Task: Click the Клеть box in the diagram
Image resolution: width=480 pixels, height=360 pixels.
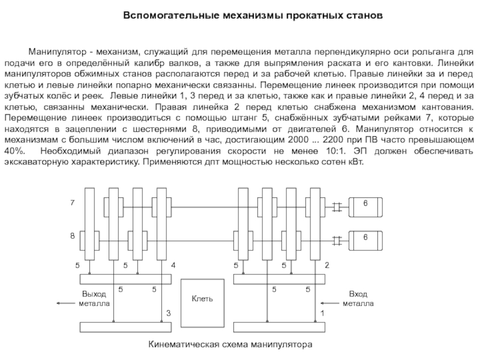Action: click(202, 298)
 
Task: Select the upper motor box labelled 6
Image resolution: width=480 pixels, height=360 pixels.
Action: click(365, 205)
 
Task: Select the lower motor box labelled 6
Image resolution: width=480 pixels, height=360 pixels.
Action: click(365, 238)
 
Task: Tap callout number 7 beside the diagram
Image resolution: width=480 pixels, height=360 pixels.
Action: click(71, 204)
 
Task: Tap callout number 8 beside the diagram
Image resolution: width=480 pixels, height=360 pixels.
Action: click(71, 236)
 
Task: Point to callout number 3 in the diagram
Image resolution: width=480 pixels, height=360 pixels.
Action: click(169, 313)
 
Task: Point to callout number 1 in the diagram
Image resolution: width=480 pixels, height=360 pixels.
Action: click(322, 313)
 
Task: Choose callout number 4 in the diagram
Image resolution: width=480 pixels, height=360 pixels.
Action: click(173, 265)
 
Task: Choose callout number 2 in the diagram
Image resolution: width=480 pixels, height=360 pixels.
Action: click(326, 265)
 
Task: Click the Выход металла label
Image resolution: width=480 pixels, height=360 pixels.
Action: click(94, 299)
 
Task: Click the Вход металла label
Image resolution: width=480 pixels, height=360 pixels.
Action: click(358, 299)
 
